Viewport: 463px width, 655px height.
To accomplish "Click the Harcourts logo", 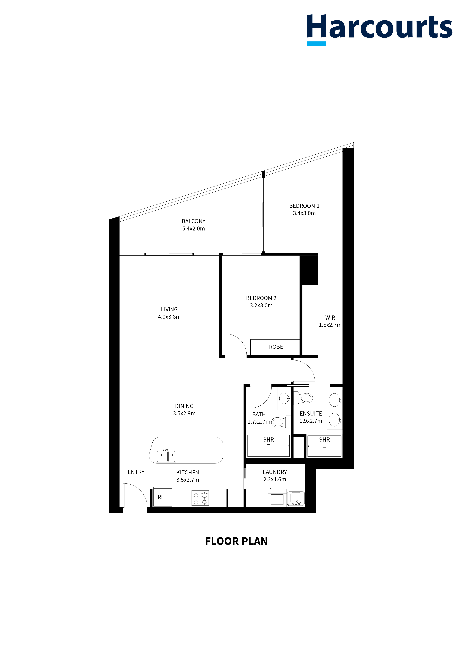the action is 379,29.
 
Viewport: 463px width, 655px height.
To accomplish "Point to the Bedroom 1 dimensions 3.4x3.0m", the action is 304,213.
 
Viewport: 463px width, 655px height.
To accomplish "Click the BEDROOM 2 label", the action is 261,298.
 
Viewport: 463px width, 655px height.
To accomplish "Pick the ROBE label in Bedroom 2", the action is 276,347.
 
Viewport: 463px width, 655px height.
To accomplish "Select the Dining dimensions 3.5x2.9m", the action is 184,413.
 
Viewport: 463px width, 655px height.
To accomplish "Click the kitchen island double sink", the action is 166,455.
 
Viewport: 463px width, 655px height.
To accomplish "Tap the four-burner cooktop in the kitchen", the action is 200,498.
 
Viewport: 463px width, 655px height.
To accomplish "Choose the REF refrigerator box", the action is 162,497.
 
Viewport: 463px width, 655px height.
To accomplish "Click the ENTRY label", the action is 136,472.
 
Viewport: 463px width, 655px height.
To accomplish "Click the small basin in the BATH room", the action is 284,398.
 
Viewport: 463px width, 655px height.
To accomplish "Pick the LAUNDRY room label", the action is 275,472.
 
